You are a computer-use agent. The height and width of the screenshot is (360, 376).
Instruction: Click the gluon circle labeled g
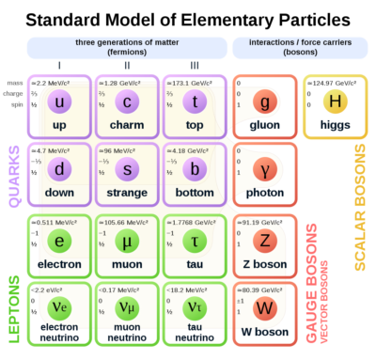[264, 101]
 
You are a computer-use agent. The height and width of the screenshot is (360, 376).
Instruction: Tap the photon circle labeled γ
[264, 168]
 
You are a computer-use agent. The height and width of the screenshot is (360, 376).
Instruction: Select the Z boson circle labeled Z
[264, 240]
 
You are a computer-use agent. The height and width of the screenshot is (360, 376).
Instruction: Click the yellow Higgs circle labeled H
[335, 101]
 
